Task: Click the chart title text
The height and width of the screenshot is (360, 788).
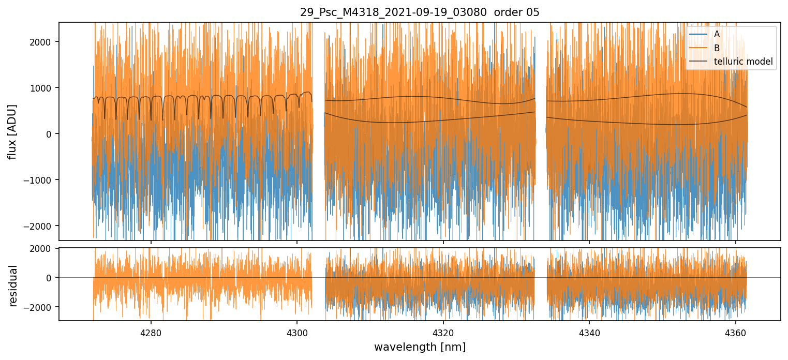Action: tap(420, 12)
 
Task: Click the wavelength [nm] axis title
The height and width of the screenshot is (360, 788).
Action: tap(420, 347)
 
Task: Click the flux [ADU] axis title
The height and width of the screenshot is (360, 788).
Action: tap(12, 131)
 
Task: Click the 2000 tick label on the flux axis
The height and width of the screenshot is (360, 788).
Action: tap(44, 41)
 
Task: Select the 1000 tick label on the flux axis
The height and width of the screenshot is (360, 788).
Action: tap(44, 87)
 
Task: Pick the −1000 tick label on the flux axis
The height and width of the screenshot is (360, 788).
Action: tap(41, 180)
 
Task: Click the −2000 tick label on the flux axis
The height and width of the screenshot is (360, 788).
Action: tap(41, 226)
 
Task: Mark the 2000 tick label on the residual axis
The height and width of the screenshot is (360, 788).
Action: tap(44, 248)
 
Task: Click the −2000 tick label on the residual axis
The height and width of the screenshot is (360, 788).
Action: tap(41, 307)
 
